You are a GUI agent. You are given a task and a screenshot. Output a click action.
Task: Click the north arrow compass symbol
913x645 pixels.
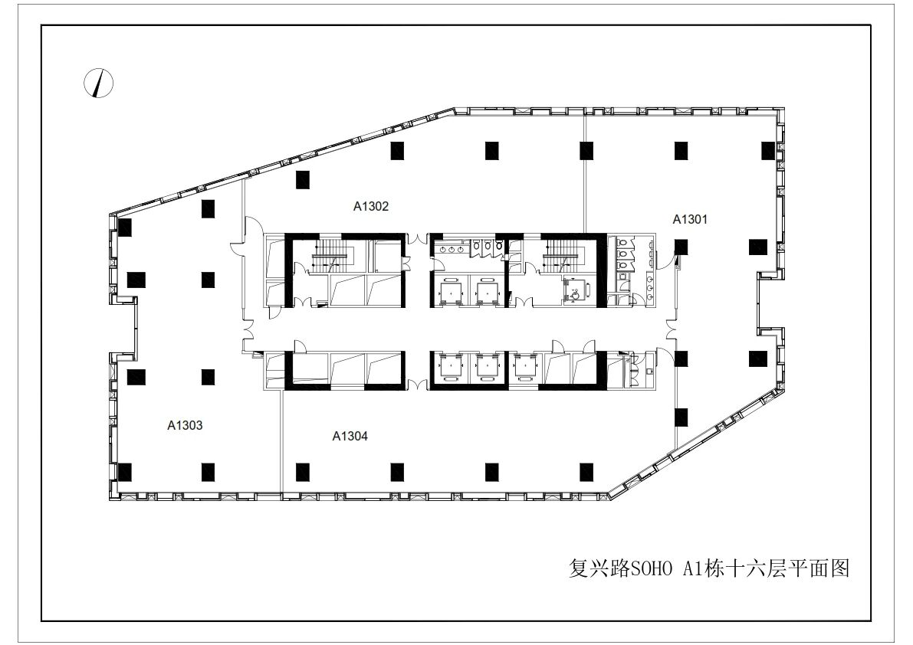coord(98,83)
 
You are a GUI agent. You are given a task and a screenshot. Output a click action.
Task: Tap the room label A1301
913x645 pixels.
coord(690,219)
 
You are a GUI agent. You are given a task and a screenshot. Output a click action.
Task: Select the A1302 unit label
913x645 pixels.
coord(371,206)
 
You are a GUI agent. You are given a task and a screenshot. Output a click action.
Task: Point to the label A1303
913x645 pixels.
coord(186,425)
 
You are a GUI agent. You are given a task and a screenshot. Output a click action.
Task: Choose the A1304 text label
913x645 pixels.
coord(350,436)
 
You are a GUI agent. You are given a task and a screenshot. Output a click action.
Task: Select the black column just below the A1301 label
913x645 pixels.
coord(681,247)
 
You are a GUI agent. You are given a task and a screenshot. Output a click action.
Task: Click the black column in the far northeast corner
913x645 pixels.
coord(769,151)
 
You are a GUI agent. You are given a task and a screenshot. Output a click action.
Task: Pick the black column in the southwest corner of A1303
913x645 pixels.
coord(125,473)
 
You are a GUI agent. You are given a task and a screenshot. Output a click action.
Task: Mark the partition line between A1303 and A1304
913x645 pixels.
coord(282,441)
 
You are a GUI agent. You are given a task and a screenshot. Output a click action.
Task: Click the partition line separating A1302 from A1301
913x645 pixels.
coord(585,175)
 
